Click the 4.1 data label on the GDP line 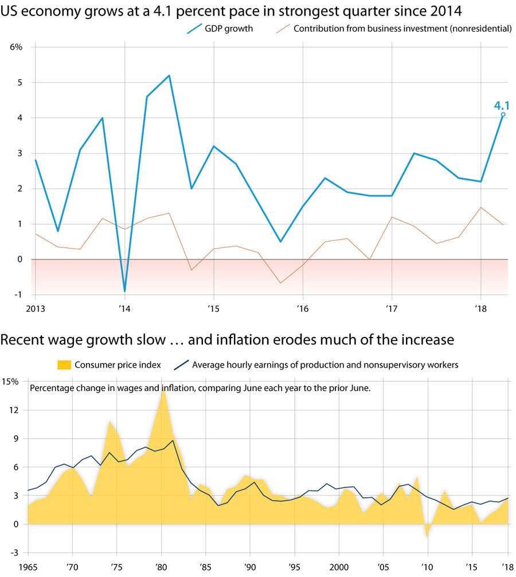pyautogui.click(x=502, y=105)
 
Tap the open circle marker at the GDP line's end pyautogui.click(x=503, y=114)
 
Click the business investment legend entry pyautogui.click(x=402, y=28)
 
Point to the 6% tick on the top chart pyautogui.click(x=16, y=47)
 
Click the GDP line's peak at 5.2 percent pyautogui.click(x=169, y=76)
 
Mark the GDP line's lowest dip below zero pyautogui.click(x=124, y=291)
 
